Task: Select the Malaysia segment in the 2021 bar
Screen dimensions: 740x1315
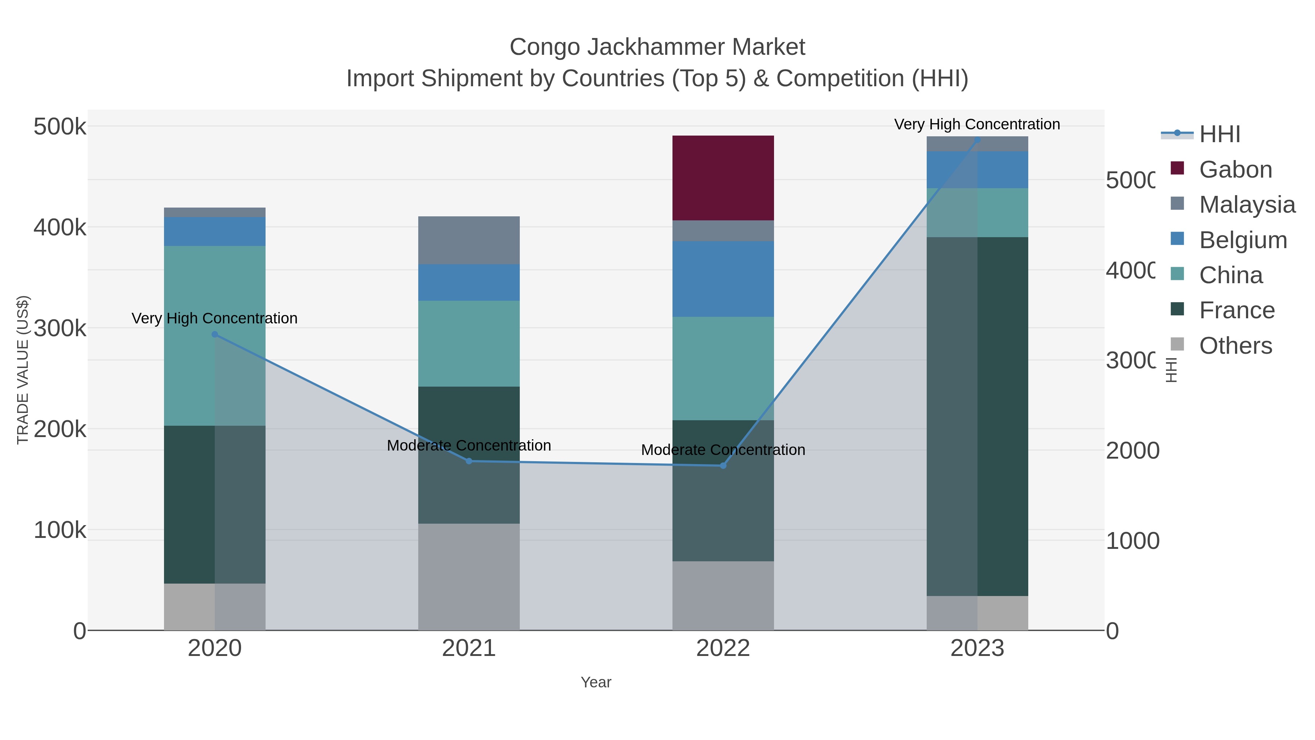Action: coord(469,240)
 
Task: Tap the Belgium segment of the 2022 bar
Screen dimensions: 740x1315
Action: coord(723,279)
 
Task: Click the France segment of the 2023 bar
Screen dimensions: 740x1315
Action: coord(977,416)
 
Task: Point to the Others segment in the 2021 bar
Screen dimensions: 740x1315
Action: coord(469,577)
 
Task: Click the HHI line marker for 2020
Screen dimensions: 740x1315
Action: coord(215,334)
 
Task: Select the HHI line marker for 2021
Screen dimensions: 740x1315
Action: coord(469,461)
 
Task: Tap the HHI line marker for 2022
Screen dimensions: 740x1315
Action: coord(723,466)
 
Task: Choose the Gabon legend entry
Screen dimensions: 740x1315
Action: coord(1235,170)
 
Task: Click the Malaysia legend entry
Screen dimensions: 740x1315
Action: coord(1247,205)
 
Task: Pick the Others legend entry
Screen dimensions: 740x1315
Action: coord(1235,346)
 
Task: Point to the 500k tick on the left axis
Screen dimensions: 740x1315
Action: coord(60,127)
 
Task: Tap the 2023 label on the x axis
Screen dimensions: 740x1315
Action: coord(977,649)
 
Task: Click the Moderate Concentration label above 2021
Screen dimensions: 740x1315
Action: coord(469,445)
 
